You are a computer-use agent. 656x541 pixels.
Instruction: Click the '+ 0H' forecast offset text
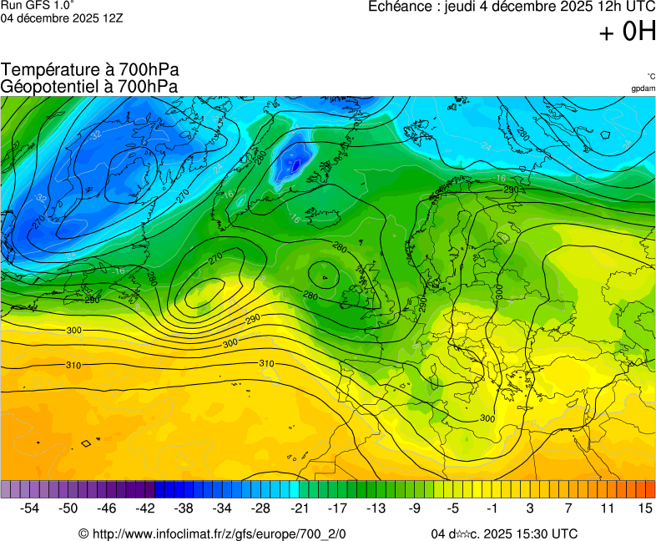[627, 32]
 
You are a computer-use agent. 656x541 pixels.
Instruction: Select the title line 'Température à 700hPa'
[90, 70]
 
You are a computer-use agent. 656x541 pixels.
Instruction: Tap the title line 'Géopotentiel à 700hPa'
[89, 86]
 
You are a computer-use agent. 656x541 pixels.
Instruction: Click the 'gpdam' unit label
[643, 88]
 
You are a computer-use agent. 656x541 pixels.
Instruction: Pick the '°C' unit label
[650, 76]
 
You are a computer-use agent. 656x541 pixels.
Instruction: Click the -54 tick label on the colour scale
[30, 508]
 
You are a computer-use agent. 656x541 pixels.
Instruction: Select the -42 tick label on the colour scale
[145, 508]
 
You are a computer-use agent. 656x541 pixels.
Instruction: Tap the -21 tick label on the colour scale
[299, 508]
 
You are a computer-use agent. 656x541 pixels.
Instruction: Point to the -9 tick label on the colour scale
[415, 508]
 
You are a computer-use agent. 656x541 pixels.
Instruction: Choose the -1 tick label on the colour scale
[492, 508]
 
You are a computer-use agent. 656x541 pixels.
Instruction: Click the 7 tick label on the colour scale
[568, 508]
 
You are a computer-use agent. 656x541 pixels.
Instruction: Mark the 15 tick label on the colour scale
[644, 508]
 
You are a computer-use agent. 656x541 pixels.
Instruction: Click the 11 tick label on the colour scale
[606, 508]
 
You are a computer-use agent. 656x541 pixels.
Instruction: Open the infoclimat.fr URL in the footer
[219, 533]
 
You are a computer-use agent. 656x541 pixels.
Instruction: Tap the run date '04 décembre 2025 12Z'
[62, 18]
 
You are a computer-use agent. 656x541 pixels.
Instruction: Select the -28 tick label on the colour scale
[260, 508]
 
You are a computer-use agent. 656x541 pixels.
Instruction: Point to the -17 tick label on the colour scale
[337, 508]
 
